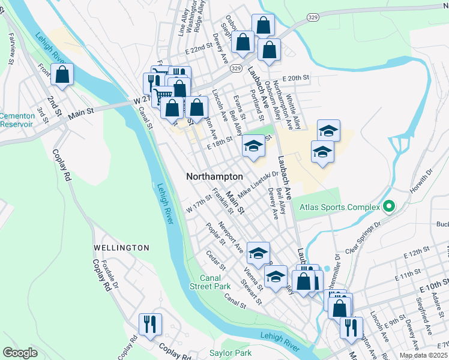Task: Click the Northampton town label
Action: point(214,177)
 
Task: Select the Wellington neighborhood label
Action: point(121,248)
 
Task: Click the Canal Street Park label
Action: point(215,282)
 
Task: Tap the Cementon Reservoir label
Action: point(16,120)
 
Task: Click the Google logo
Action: point(20,352)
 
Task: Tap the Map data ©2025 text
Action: point(424,355)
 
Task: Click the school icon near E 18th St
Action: point(253,146)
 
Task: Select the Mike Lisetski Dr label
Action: point(259,185)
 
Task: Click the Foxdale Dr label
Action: point(107,272)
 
